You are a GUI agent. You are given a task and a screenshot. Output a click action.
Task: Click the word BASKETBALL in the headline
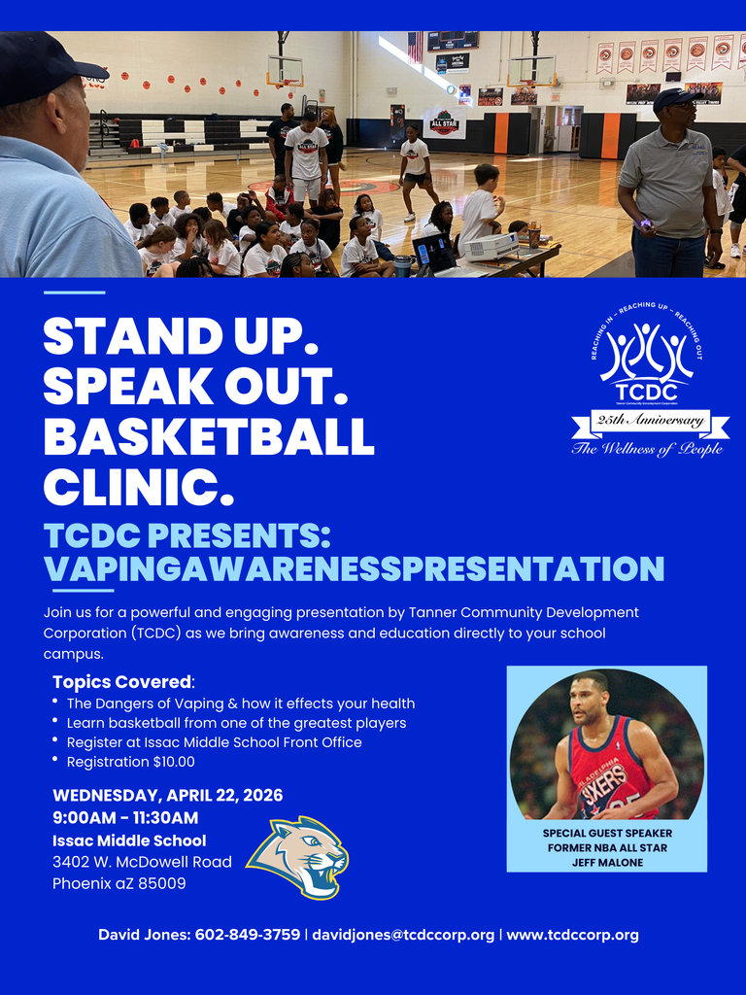click(x=208, y=435)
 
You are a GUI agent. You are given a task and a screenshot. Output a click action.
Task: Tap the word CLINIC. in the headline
click(x=138, y=486)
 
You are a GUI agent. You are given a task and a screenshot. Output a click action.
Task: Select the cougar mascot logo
click(x=298, y=856)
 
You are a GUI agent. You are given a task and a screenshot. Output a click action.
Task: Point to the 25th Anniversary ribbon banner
click(x=650, y=421)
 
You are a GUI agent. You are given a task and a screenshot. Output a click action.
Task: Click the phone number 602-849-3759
click(x=248, y=935)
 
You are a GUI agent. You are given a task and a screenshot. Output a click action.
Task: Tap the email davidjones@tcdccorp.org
click(x=403, y=935)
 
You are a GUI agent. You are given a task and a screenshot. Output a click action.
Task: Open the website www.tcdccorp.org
click(x=572, y=935)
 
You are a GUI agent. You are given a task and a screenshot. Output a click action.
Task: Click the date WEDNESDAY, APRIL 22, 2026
click(x=167, y=795)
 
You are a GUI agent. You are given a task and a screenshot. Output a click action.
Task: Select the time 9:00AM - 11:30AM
click(x=125, y=817)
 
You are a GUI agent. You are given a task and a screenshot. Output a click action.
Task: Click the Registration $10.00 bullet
click(x=130, y=762)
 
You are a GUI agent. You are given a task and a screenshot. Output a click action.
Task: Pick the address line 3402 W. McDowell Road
click(x=142, y=862)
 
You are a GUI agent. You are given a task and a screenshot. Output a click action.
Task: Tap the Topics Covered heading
click(x=123, y=682)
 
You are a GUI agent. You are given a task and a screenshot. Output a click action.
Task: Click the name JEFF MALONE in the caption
click(x=607, y=862)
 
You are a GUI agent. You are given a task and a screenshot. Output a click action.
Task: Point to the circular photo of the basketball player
click(x=606, y=744)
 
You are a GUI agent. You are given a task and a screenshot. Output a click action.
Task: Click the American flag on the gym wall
click(x=415, y=46)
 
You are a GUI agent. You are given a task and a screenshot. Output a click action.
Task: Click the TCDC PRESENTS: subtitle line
click(x=187, y=535)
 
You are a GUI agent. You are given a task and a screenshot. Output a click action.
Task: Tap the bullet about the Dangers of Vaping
click(x=240, y=703)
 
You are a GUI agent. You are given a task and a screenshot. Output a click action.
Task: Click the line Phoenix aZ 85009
click(x=119, y=883)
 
